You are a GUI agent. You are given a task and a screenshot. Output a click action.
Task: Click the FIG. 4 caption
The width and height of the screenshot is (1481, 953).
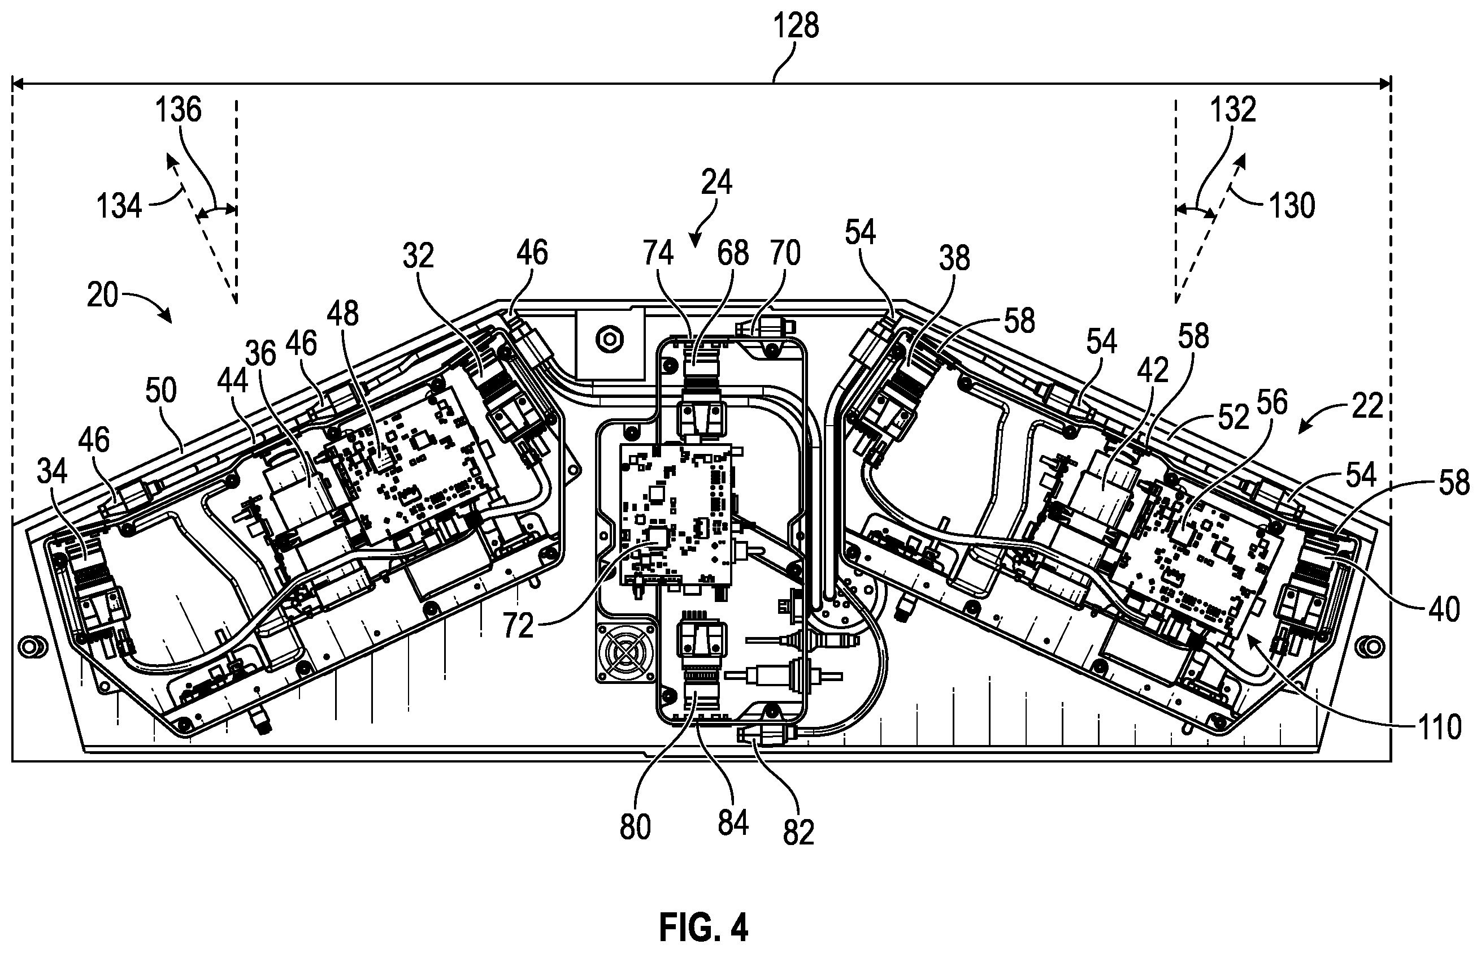click(x=703, y=926)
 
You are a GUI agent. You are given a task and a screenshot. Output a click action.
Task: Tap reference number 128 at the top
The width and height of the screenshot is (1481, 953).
click(x=796, y=27)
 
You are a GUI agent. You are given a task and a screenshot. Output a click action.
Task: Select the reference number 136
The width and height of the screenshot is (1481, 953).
click(x=178, y=111)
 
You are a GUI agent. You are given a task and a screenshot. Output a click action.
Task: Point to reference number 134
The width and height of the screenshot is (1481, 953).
click(x=119, y=205)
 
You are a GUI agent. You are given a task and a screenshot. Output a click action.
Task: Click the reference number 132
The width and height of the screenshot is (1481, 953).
click(x=1233, y=110)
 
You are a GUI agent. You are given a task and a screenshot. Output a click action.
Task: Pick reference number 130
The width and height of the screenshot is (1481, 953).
click(x=1292, y=205)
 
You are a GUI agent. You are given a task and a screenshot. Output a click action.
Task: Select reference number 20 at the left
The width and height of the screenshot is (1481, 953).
click(x=103, y=295)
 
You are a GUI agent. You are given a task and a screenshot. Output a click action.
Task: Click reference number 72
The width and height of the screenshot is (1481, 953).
click(x=517, y=626)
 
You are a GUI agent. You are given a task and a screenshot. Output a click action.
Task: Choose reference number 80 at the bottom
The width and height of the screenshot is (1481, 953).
click(x=635, y=828)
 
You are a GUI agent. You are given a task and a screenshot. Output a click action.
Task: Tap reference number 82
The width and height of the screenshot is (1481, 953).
click(x=798, y=833)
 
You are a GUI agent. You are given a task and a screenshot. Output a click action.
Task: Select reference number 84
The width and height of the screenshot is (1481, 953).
click(x=733, y=823)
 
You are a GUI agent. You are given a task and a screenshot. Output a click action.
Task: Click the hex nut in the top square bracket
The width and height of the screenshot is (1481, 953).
click(x=609, y=339)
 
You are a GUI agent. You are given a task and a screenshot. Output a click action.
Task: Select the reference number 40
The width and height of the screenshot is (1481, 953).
click(x=1443, y=609)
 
